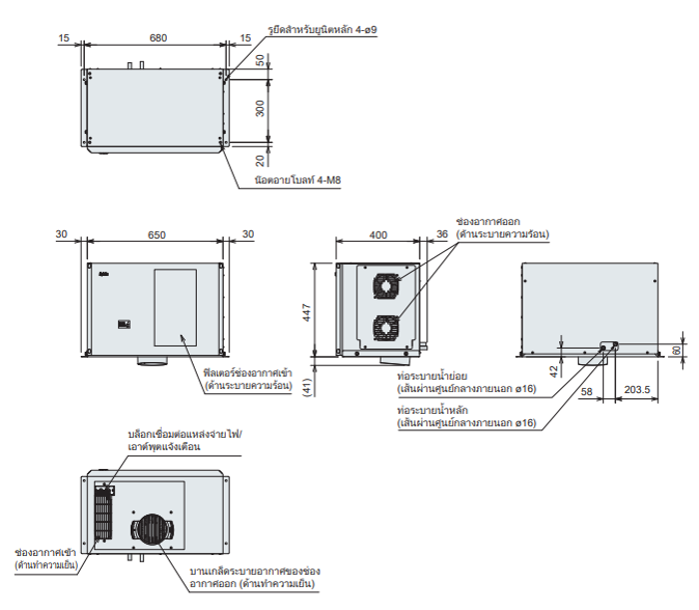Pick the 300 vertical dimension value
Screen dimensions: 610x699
[263, 109]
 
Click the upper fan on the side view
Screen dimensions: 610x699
[385, 285]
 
